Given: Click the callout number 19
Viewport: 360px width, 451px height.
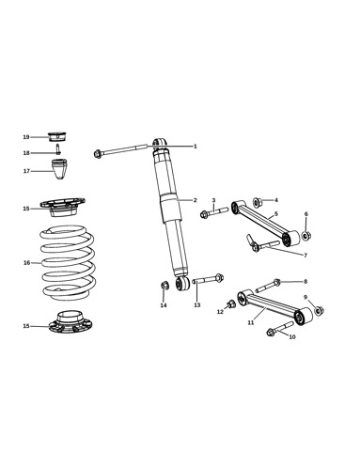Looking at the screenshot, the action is point(26,137).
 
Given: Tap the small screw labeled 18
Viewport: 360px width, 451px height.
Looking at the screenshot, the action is point(58,149).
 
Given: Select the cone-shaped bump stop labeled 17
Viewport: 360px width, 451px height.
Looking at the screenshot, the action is point(59,169).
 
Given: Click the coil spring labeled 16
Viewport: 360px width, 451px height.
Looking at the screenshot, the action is point(67,262).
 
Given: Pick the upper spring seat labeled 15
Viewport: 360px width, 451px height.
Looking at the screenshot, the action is point(63,207).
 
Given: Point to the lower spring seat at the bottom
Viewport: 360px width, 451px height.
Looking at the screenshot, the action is point(70,322).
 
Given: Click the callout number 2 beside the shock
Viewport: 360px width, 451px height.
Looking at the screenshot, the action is point(195,200).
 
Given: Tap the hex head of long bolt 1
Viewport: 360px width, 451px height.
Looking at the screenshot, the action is point(98,154).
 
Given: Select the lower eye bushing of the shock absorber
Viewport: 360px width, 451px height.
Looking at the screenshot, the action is point(182,283).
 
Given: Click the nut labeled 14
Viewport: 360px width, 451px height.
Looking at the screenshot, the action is point(165,286).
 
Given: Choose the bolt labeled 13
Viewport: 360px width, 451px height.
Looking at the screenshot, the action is point(208,279).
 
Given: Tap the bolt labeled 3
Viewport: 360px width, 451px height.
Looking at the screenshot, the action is point(214,212).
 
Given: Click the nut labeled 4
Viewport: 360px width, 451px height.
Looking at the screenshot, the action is point(257,202).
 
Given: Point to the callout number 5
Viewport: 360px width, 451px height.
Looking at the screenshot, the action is point(276,214).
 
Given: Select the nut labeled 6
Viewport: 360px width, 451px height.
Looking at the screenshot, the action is point(306,235).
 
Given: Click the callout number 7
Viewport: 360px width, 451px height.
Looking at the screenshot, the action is point(305,256).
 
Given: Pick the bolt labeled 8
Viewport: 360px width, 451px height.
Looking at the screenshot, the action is point(268,286).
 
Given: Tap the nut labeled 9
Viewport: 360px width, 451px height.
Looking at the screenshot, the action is point(319,311).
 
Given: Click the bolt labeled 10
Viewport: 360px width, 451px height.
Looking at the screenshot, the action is point(279,329).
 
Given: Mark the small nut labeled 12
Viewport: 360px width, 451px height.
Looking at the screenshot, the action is point(231,303).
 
